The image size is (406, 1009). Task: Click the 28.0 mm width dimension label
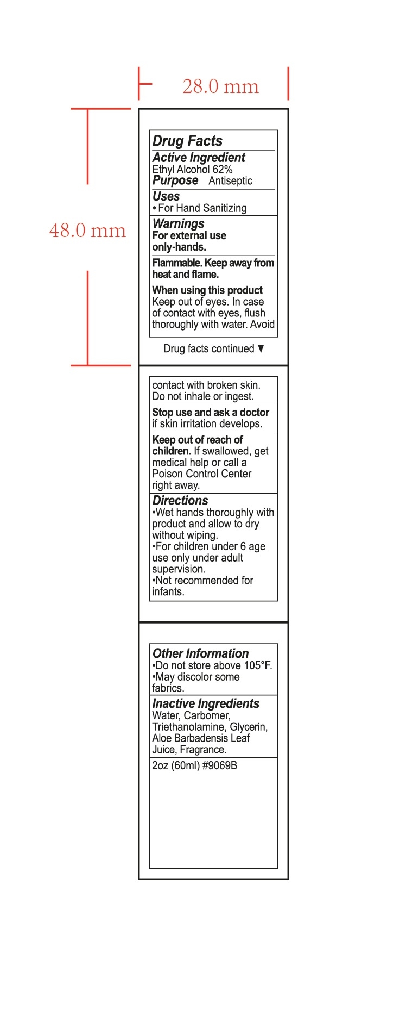(x=220, y=86)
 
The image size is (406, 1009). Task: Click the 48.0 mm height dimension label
(x=87, y=231)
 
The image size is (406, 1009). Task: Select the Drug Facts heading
(x=187, y=141)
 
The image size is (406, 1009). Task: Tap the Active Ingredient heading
(x=199, y=158)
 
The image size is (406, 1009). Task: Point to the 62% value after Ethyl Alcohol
(x=223, y=170)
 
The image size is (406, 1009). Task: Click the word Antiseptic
(x=230, y=181)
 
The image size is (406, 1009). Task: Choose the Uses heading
(x=166, y=196)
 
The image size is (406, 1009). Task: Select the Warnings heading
(x=179, y=223)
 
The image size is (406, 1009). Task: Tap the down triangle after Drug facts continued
(x=261, y=349)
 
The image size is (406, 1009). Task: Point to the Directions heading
(x=180, y=501)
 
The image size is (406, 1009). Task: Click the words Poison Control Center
(x=202, y=474)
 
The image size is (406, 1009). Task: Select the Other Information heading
(x=201, y=653)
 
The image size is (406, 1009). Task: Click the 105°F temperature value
(x=258, y=666)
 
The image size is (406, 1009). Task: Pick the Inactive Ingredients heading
(x=206, y=703)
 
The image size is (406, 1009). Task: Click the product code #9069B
(x=220, y=765)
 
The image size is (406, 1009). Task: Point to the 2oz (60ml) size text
(x=176, y=765)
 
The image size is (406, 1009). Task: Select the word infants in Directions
(x=168, y=592)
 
